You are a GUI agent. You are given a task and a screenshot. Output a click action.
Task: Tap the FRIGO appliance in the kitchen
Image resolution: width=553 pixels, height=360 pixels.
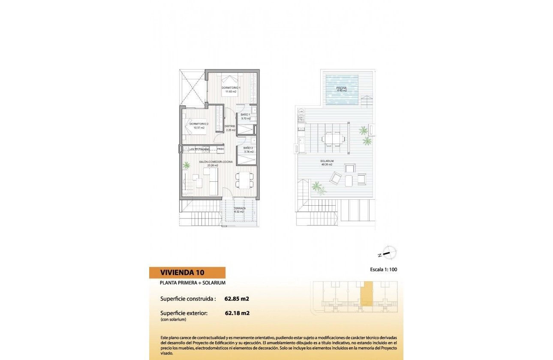coord(220,149)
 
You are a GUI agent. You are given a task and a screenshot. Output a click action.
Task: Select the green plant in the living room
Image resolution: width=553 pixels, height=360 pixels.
coord(187,164)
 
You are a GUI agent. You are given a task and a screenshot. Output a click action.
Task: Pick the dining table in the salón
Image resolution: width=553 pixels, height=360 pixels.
coord(243,180)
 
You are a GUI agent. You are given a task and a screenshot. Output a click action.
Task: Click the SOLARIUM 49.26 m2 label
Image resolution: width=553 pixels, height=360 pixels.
coord(327,162)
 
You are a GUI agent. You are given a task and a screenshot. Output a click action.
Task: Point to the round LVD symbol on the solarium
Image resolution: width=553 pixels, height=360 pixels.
coord(301,111)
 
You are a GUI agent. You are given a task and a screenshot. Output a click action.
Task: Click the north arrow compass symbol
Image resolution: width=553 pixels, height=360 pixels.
coord(388,253)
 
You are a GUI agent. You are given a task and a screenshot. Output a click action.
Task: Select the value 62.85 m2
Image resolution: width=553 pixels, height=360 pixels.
coord(237,299)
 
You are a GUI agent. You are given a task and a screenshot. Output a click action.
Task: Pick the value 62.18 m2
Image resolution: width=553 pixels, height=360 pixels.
coord(237,313)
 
